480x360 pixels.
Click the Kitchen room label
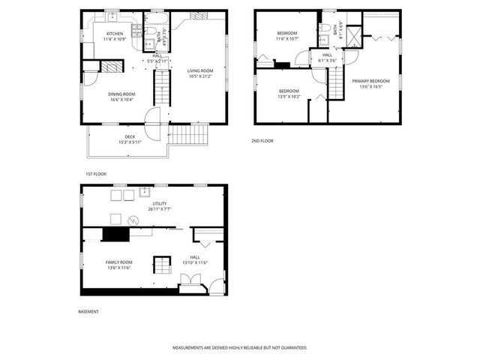click(x=114, y=34)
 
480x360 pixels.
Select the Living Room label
click(x=200, y=70)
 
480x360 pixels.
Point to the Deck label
click(x=130, y=136)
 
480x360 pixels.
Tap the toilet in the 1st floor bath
click(x=150, y=32)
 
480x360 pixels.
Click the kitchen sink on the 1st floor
click(x=110, y=16)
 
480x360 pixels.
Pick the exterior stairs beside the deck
click(x=187, y=135)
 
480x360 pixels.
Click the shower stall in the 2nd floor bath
click(x=354, y=34)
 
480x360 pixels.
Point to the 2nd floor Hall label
click(x=327, y=55)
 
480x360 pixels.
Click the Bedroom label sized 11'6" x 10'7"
click(x=287, y=33)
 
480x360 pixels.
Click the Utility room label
click(x=159, y=203)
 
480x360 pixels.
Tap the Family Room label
click(x=119, y=262)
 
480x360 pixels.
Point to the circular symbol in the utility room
click(x=133, y=220)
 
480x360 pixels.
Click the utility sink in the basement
click(x=145, y=193)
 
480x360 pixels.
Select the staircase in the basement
click(x=162, y=264)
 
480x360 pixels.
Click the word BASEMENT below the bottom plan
click(x=88, y=311)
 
